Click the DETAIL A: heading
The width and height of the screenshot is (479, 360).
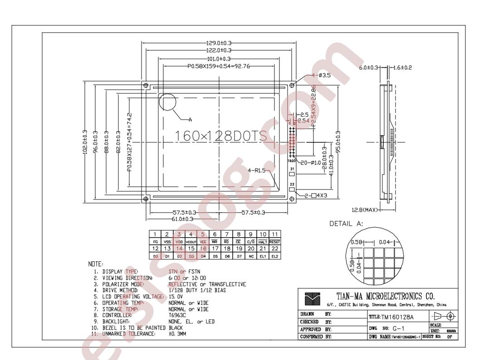[x=347, y=224]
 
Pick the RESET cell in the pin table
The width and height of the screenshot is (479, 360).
[x=275, y=242]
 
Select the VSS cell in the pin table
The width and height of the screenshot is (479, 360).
[x=167, y=242]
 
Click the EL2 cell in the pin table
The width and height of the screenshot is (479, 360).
[x=275, y=256]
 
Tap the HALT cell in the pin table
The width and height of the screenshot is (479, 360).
[x=263, y=242]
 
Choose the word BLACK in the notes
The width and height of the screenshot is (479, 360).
[x=176, y=327]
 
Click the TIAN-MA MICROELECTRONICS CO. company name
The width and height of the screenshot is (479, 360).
[x=386, y=297]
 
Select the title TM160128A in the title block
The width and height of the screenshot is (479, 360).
[x=397, y=317]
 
